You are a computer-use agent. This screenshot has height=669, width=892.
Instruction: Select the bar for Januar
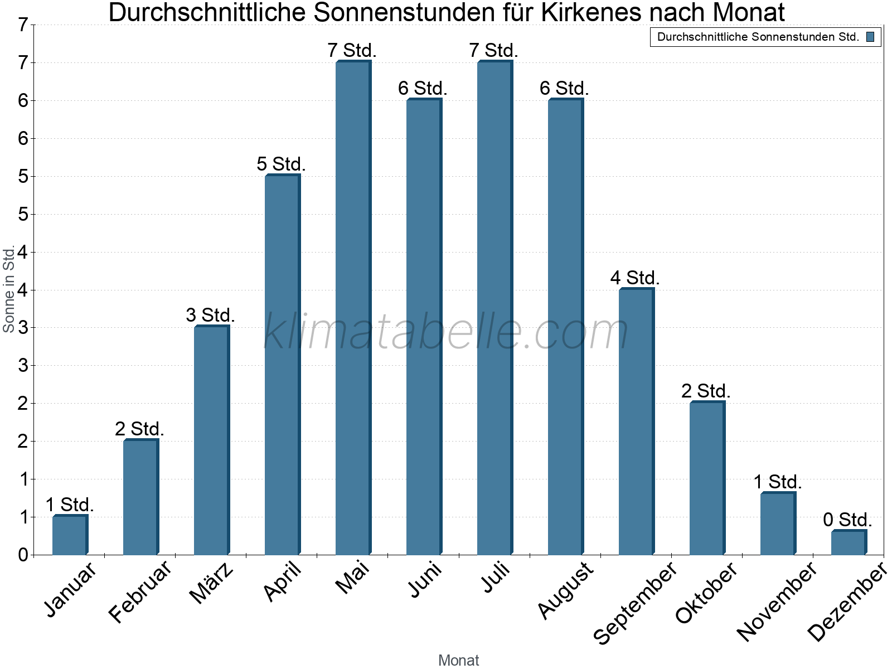(70, 535)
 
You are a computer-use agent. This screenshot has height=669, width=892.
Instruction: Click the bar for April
(282, 365)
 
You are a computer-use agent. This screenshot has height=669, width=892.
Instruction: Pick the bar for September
(636, 421)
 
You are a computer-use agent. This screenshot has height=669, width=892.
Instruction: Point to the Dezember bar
(849, 542)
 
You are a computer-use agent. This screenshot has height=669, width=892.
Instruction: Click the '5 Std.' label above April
(281, 164)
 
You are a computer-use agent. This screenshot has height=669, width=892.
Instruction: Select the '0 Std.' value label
(847, 520)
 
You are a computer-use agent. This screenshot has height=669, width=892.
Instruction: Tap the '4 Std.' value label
(635, 278)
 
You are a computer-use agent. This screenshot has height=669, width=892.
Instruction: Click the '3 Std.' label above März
(210, 315)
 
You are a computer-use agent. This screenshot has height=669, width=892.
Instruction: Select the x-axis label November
(777, 601)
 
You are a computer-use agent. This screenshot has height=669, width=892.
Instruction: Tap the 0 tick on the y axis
(23, 555)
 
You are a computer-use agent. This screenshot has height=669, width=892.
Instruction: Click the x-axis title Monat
(458, 660)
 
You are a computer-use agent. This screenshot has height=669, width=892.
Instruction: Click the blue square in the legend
(870, 37)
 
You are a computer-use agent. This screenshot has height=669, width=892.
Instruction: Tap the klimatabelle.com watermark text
(446, 332)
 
